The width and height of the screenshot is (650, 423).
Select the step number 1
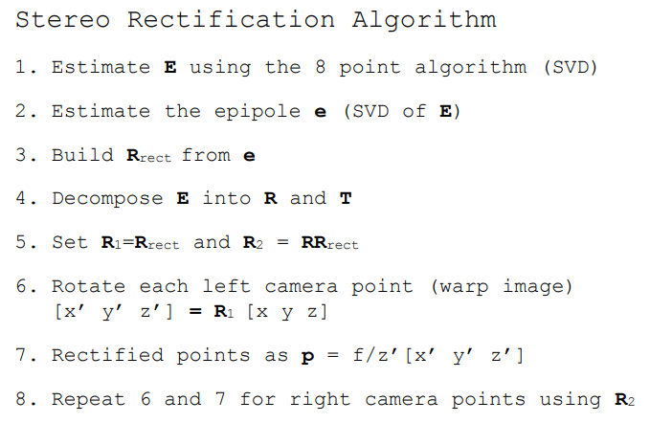(23, 67)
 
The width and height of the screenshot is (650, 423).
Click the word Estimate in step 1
(101, 67)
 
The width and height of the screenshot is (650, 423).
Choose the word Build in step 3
(82, 155)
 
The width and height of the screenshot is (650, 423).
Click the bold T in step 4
(345, 199)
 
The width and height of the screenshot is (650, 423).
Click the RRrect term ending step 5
(329, 243)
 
